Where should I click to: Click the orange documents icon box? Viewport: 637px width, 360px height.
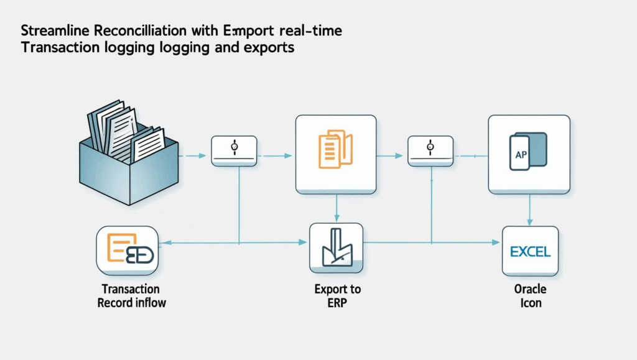tap(336, 154)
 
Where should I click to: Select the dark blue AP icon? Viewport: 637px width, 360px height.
tap(529, 151)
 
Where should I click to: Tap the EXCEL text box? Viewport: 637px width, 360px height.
tap(530, 251)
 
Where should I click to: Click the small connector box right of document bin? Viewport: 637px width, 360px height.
tap(235, 150)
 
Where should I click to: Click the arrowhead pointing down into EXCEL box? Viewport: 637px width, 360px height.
tap(529, 222)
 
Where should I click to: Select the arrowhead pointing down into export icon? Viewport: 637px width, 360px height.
tap(337, 217)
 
